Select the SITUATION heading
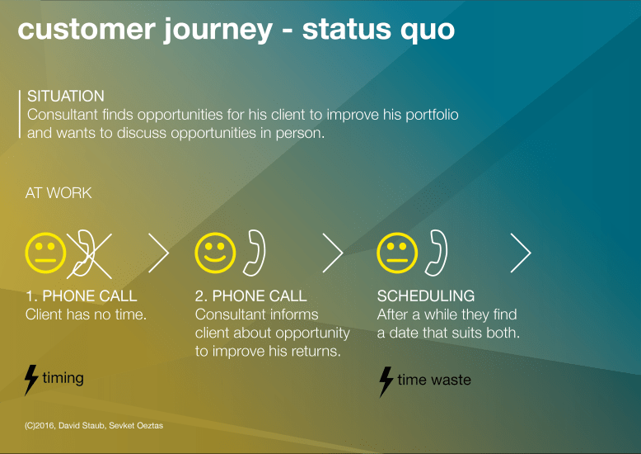pyautogui.click(x=66, y=97)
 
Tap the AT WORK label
pyautogui.click(x=58, y=193)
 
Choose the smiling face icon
pyautogui.click(x=215, y=252)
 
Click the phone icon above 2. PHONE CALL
pyautogui.click(x=256, y=252)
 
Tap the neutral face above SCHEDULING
pyautogui.click(x=397, y=252)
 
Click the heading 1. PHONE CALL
pyautogui.click(x=82, y=296)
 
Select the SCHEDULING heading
pyautogui.click(x=426, y=296)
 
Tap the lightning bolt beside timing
pyautogui.click(x=31, y=379)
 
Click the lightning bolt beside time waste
pyautogui.click(x=386, y=381)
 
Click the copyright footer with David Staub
pyautogui.click(x=94, y=427)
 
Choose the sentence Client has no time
pyautogui.click(x=86, y=314)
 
